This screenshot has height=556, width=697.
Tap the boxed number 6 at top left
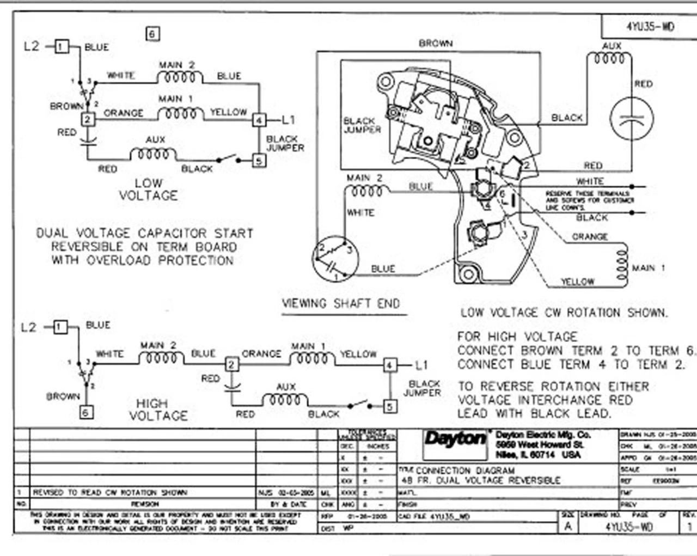[152, 34]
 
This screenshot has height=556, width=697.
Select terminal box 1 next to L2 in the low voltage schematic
[61, 46]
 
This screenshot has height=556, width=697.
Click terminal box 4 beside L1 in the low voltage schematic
[259, 120]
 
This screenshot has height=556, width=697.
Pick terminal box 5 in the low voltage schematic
[259, 160]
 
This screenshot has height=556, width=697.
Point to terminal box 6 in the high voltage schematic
[85, 412]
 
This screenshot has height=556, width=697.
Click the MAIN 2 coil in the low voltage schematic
[180, 77]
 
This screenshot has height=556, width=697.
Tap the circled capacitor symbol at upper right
[631, 119]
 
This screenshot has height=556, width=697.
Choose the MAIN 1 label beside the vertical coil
[648, 268]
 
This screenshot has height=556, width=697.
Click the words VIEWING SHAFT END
[341, 304]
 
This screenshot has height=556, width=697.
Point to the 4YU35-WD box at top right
[650, 26]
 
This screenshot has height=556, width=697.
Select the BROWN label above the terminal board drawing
[436, 43]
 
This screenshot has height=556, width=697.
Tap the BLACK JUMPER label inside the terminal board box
[362, 125]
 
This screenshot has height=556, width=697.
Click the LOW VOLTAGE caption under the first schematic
[148, 190]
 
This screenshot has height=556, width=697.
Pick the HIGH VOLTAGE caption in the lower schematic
[158, 410]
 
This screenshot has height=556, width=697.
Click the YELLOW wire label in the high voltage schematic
[358, 354]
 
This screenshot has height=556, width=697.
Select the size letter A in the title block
[568, 526]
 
